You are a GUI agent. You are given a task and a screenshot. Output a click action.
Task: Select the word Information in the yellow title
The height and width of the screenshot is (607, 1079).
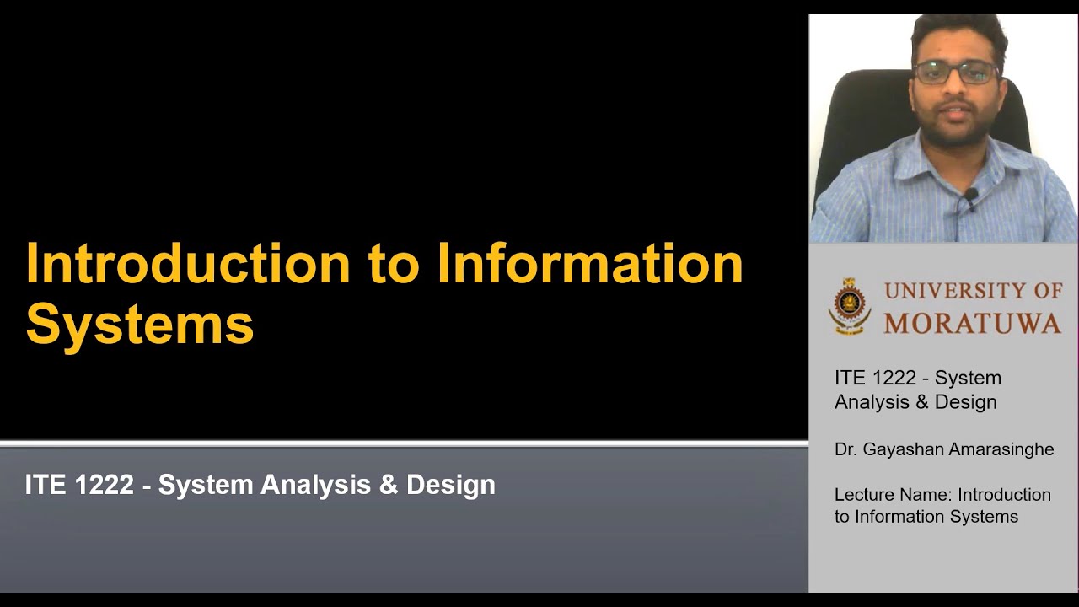[589, 264]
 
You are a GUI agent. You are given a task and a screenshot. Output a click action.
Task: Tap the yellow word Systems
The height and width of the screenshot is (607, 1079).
[140, 325]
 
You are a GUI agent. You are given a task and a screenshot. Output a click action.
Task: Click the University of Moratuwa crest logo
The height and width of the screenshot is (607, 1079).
[848, 306]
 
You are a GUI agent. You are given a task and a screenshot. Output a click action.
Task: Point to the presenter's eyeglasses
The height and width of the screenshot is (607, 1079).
[955, 73]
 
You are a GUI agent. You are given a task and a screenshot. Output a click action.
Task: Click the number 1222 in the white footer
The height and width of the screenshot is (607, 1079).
[104, 485]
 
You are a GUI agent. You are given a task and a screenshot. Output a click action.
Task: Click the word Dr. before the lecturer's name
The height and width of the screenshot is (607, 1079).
[845, 449]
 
